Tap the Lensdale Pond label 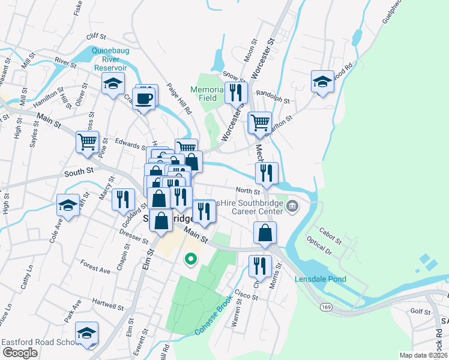click(x=321, y=279)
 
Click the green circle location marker click(x=191, y=259)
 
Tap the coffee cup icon click(x=145, y=97)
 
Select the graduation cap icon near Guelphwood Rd click(x=322, y=81)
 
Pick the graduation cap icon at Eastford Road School click(x=87, y=333)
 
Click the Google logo click(x=20, y=353)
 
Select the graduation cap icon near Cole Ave click(x=68, y=205)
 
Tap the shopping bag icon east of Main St click(x=265, y=232)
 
